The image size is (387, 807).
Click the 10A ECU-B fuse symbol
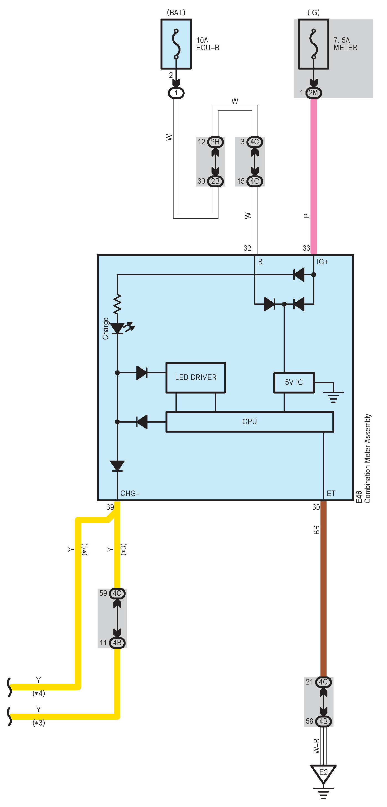pos(176,44)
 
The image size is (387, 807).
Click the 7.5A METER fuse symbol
pos(313,44)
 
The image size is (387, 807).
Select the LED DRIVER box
pos(195,377)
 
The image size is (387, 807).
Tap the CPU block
pos(249,422)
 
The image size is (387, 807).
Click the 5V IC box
pos(294,382)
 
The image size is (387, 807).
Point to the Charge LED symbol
pos(118,328)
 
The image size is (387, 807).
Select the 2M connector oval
pos(313,93)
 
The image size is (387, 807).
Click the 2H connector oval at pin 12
pos(215,142)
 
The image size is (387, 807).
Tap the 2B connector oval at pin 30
pos(215,181)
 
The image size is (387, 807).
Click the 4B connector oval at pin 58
pos(323,721)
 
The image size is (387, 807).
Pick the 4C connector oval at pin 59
pos(117,593)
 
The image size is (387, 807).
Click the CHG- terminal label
pos(130,493)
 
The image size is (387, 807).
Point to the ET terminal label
pos(331,493)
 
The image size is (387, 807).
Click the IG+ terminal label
pos(322,262)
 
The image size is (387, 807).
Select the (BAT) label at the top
pos(176,12)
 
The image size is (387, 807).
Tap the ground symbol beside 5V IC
pos(333,396)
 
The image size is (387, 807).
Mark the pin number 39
pos(110,507)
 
